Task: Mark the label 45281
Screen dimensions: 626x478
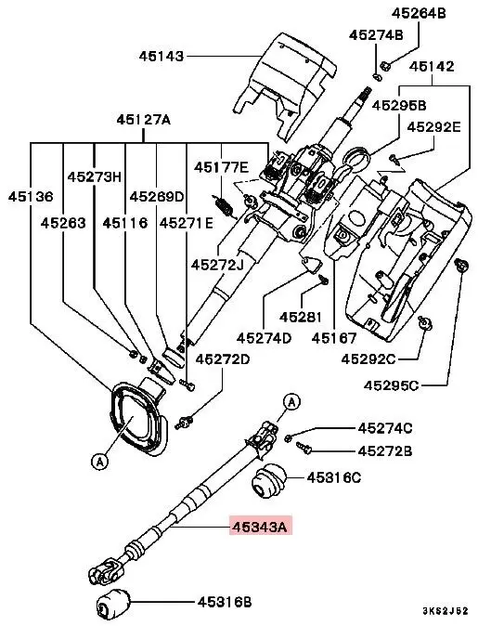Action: tap(299, 316)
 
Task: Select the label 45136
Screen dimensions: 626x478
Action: tap(32, 197)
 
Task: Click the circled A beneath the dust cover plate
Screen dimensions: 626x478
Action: tap(99, 458)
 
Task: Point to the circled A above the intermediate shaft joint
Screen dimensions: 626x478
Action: tap(291, 401)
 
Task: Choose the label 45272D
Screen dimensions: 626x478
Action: tap(222, 359)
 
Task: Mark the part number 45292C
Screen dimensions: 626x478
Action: tap(368, 358)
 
